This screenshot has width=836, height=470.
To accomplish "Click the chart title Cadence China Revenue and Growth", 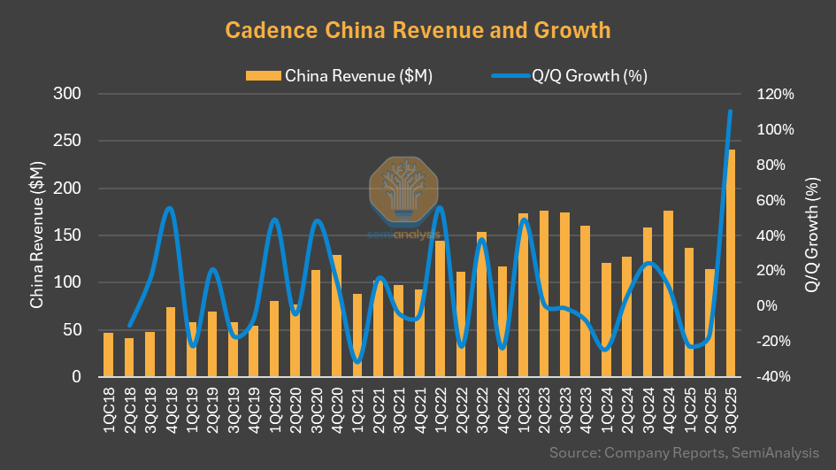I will [x=418, y=30].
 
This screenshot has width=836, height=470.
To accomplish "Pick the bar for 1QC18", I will [x=108, y=355].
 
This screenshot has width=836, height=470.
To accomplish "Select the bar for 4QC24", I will [x=668, y=294].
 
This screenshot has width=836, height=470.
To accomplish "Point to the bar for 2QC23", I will [x=543, y=294].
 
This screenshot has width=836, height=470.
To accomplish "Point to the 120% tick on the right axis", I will [x=776, y=94].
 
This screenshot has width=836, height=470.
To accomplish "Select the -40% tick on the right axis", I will [x=776, y=377].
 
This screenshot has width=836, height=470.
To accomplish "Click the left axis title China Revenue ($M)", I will [x=36, y=235].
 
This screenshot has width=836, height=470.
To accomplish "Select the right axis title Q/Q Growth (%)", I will [x=811, y=235].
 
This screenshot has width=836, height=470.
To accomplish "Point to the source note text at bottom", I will [x=683, y=452].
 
